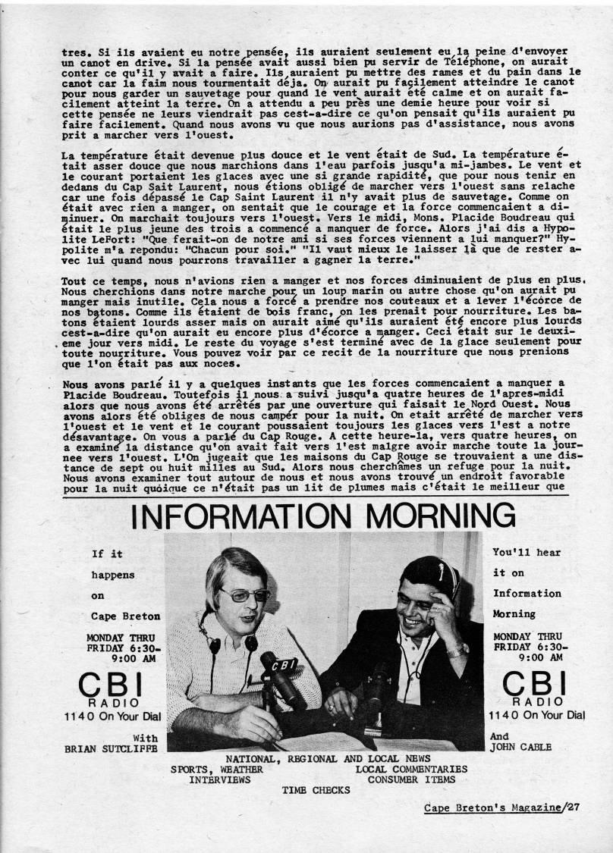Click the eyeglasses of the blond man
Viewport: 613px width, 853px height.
click(244, 594)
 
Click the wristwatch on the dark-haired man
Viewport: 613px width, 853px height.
click(457, 649)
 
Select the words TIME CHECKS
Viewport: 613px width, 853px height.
click(316, 789)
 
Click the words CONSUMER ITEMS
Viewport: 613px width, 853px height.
click(411, 779)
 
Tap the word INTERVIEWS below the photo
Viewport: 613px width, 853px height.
click(221, 779)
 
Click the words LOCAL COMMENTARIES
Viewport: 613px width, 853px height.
click(411, 768)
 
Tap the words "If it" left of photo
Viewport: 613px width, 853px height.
click(107, 554)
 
